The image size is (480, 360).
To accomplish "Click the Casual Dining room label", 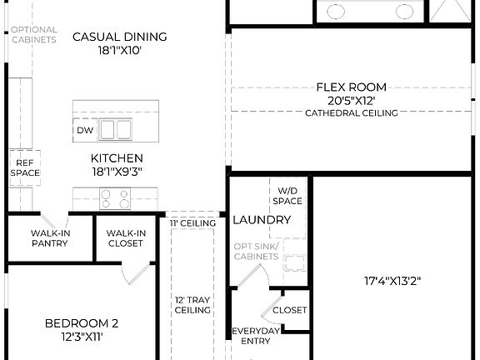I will [x=120, y=37].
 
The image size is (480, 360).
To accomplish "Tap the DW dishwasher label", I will [x=85, y=131].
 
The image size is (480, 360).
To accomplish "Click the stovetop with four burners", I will [x=115, y=198].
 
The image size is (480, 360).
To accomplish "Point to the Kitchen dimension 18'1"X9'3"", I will [x=117, y=172].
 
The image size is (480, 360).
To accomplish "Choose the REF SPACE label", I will [x=24, y=167].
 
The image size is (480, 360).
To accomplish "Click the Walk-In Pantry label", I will [x=49, y=238].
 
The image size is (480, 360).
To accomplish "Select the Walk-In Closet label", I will [x=126, y=238].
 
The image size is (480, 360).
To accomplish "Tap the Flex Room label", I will [x=351, y=87].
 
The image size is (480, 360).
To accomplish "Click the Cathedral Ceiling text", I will [x=351, y=113].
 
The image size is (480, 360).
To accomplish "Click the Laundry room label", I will [x=262, y=220].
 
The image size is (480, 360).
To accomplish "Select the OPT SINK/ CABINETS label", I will [x=256, y=252].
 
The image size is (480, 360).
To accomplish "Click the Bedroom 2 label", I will [x=82, y=323].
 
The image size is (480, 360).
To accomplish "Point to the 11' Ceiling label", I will [x=193, y=223].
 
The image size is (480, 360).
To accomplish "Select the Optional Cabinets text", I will [x=33, y=35].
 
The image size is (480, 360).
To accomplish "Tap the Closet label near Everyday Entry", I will [x=289, y=310].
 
